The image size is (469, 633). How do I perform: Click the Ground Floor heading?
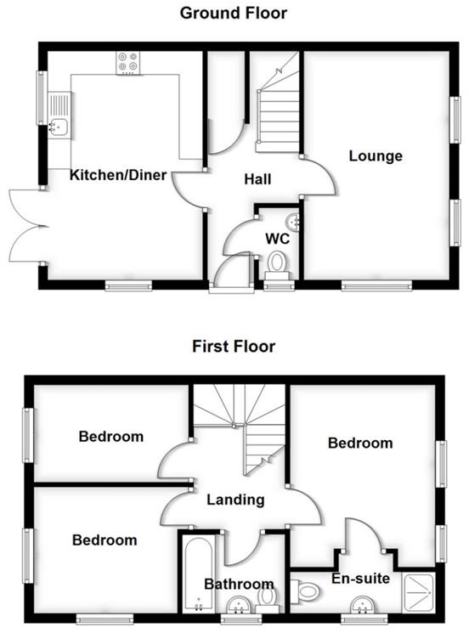(234, 14)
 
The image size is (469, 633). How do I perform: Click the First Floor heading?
(234, 347)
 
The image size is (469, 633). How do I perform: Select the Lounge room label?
(375, 156)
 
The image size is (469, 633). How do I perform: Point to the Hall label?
(257, 180)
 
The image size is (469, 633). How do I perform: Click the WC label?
(279, 239)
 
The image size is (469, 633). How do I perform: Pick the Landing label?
(235, 500)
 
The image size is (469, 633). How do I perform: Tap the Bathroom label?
(239, 584)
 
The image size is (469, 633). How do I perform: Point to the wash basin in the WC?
(293, 222)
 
